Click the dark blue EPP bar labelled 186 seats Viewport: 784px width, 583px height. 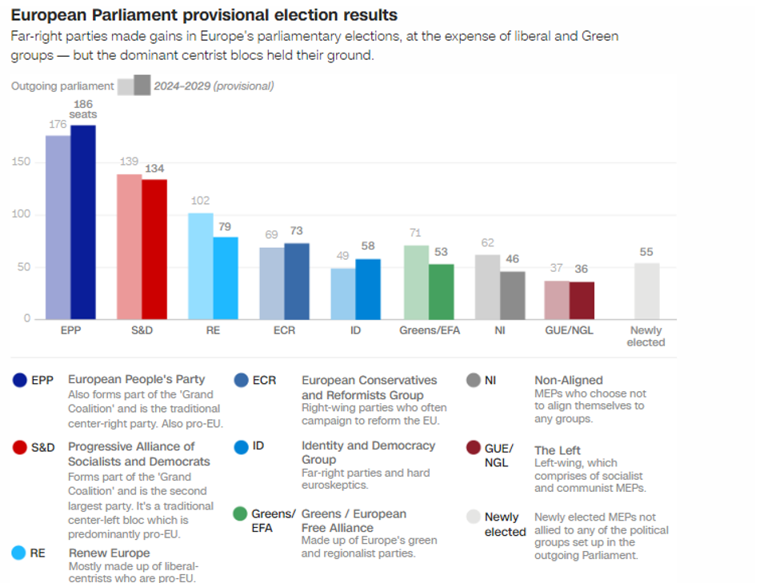[83, 222]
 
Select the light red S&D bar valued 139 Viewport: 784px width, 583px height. [130, 246]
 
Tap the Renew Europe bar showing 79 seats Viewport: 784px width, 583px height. [226, 278]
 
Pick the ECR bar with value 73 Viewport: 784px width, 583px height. [297, 281]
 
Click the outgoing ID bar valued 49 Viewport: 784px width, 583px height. [343, 293]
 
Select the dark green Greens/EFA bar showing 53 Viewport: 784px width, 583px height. [441, 291]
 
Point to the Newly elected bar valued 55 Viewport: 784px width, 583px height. [646, 291]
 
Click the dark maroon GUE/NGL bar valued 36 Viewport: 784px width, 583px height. [582, 300]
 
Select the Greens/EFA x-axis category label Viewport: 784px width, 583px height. [429, 330]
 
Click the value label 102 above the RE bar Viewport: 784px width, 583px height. [201, 201]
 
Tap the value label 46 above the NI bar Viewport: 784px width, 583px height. [513, 259]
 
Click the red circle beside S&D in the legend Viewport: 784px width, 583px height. [20, 447]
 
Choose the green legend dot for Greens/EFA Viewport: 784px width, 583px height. [240, 513]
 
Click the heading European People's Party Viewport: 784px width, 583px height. [136, 379]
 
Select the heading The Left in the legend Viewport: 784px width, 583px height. [557, 450]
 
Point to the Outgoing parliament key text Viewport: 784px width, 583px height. [62, 86]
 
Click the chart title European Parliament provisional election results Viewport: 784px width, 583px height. [203, 15]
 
